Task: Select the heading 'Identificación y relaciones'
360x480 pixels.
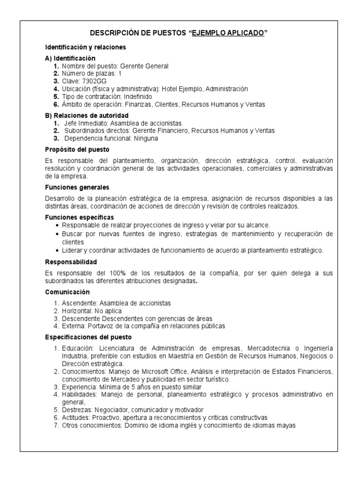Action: point(85,48)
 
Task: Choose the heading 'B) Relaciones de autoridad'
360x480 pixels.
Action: point(87,115)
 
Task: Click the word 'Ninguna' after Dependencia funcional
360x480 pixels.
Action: point(145,138)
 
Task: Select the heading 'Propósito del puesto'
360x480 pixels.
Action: point(77,150)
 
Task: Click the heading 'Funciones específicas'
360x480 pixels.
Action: point(79,217)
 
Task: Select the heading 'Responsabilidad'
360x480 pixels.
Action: point(71,262)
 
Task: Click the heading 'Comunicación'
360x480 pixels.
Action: point(67,292)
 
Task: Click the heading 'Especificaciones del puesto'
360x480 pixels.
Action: point(89,337)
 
